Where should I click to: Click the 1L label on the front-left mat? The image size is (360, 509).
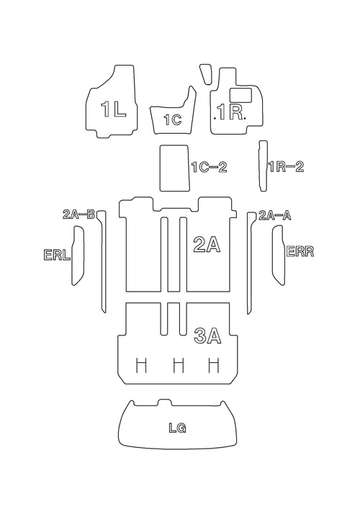113,109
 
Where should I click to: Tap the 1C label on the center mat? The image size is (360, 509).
173,120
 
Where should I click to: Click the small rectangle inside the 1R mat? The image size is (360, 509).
241,96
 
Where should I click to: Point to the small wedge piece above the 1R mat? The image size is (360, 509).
206,73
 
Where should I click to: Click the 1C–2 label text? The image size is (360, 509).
209,168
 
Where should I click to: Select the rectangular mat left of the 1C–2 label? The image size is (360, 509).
175,168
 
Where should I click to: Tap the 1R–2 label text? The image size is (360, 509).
286,167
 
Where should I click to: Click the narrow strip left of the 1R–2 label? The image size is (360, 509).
264,166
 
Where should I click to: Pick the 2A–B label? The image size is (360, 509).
78,215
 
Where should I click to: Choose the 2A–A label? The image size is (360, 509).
274,215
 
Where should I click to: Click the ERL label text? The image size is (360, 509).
57,255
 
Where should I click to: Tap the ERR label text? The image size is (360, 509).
300,251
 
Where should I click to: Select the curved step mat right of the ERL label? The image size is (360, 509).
78,256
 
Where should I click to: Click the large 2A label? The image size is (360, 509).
207,244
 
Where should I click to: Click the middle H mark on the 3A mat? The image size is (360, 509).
179,365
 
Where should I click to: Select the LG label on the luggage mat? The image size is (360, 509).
177,428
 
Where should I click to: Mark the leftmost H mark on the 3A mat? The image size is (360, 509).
141,365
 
